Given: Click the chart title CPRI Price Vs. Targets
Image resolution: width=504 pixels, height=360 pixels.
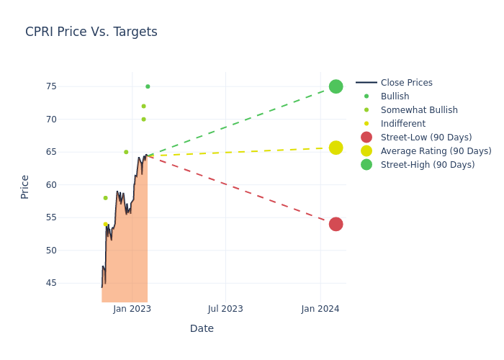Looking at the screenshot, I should tap(91, 32).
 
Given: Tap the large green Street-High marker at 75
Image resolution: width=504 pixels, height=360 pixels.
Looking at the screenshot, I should tap(336, 86).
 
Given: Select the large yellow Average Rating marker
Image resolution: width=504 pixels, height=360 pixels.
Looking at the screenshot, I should tap(336, 148).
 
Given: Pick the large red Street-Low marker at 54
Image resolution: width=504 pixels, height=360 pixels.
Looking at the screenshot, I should tap(336, 224).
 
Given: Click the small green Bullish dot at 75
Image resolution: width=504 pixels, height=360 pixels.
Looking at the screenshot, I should tap(148, 86).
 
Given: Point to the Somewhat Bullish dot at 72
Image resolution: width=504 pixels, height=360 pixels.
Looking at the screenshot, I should tap(143, 106).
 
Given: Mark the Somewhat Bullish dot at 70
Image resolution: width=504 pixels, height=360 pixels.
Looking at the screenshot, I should tap(143, 120).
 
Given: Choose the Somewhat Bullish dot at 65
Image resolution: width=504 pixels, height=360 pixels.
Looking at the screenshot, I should tap(126, 152).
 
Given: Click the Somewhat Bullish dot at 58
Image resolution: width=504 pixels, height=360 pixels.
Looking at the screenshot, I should tap(105, 198).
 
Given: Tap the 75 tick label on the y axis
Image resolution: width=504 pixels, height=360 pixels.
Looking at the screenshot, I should tap(71, 86).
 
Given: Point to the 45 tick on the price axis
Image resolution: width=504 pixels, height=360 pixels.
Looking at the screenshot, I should tap(71, 283).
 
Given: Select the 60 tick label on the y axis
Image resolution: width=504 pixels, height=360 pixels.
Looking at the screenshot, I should tap(71, 185).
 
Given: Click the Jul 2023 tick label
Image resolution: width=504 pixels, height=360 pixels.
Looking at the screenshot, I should tap(225, 309).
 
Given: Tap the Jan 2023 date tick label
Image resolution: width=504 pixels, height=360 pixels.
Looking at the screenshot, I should tap(132, 309).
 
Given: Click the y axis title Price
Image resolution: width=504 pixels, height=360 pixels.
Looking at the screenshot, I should tap(25, 186).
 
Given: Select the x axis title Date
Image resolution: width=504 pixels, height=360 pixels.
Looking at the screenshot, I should tap(202, 328).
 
